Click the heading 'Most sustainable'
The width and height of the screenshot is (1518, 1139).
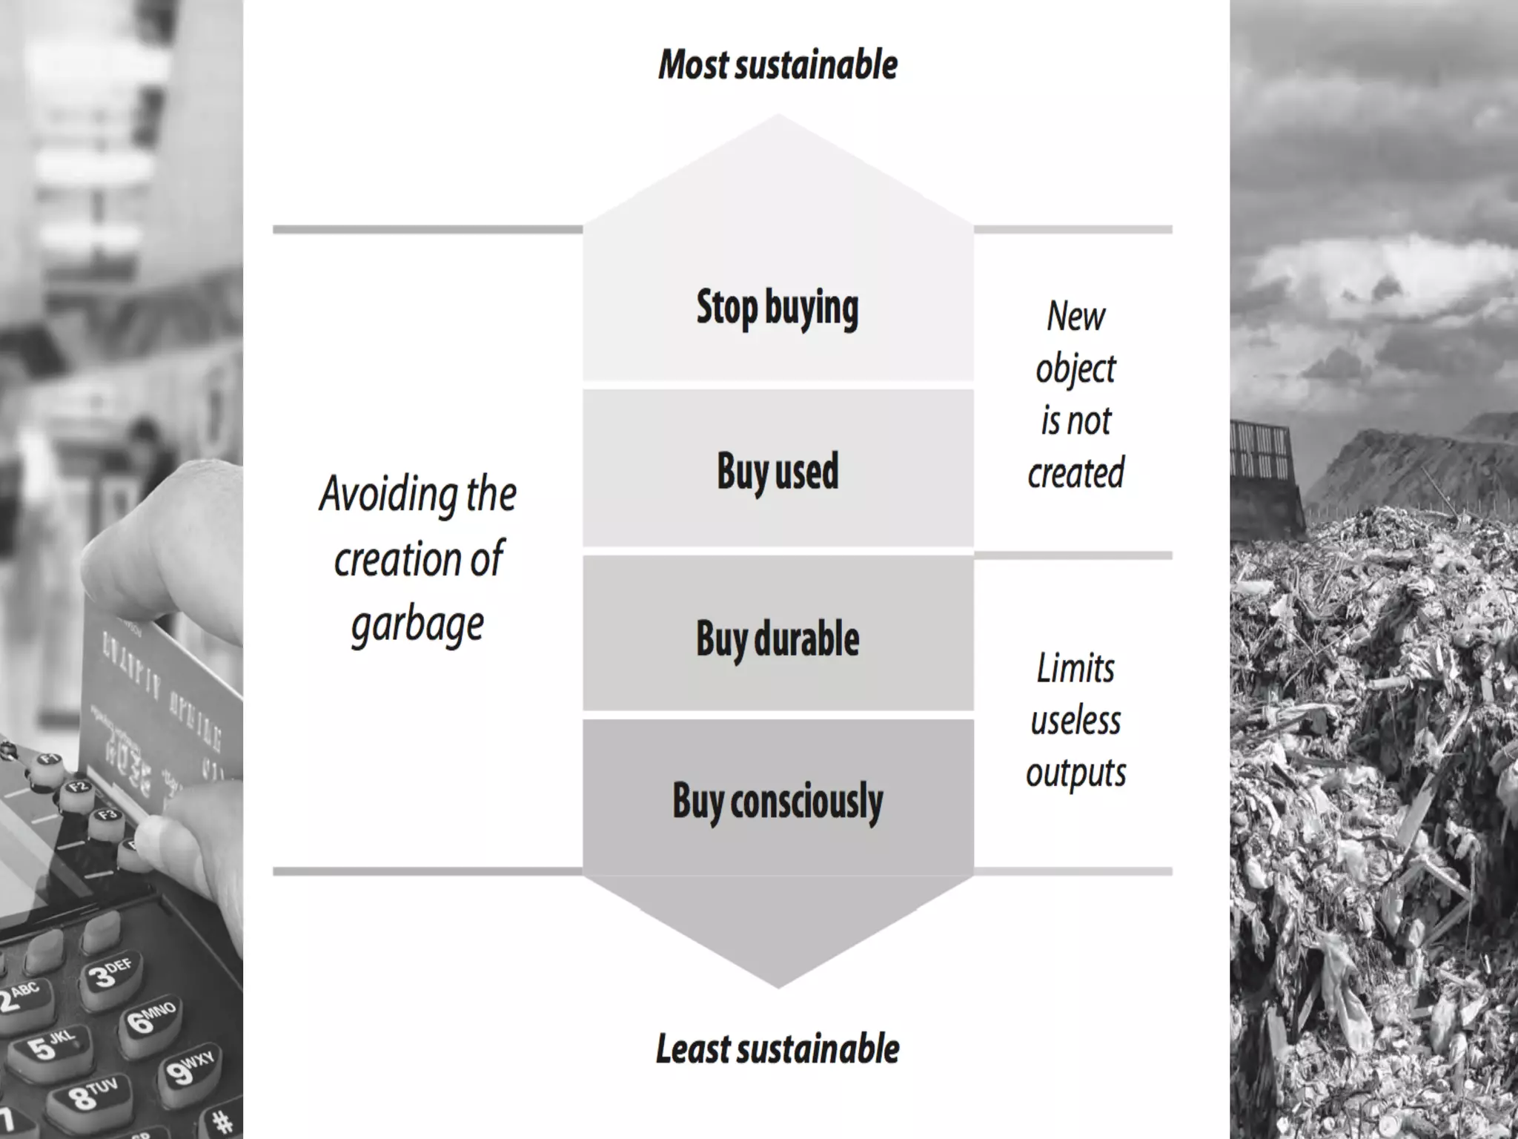778,65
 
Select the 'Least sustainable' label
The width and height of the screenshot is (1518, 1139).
778,1049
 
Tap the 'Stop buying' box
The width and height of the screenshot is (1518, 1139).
778,308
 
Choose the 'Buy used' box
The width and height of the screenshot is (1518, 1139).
778,471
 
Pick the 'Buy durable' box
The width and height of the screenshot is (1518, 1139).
778,638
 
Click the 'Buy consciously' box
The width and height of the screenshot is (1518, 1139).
778,801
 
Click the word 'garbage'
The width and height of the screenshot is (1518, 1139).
417,624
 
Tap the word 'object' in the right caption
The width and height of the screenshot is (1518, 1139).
1075,369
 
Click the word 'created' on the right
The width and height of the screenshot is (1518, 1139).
1075,473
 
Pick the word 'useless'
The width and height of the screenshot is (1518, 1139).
1075,720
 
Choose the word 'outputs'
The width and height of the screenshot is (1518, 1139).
1075,773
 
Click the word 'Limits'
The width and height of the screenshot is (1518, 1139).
1075,668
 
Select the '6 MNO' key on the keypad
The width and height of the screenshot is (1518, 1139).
149,1020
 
